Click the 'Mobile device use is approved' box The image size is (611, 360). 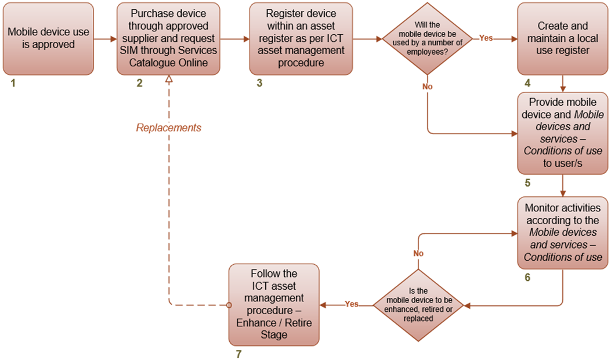pos(48,38)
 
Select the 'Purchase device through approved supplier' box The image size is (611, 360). pos(168,38)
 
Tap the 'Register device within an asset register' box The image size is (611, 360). pos(301,38)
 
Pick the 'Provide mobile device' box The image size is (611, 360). pos(562,133)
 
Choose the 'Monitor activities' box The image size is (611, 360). pos(562,232)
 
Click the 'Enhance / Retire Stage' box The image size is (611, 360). pos(274,304)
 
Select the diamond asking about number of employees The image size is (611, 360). pos(427,39)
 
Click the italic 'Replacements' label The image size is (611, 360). pos(168,128)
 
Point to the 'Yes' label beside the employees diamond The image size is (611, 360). pos(486,38)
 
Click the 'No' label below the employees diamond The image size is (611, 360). pos(428,86)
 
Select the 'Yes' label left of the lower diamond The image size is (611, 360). pos(352,304)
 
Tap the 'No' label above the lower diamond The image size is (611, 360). pos(418,253)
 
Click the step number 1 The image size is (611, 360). pos(13,83)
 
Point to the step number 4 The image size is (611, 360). pos(527,83)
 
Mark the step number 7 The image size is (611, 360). pos(238,354)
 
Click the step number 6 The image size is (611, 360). pos(527,277)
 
